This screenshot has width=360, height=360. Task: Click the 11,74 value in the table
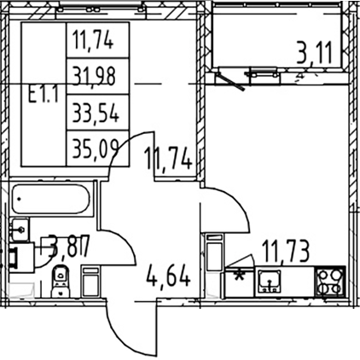click(x=93, y=40)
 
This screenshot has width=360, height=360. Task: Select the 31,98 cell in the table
click(x=94, y=76)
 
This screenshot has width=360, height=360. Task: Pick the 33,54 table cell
click(x=95, y=113)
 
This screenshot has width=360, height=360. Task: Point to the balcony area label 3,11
click(x=314, y=54)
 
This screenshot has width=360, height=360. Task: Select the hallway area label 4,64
click(x=168, y=276)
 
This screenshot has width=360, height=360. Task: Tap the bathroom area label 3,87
click(x=69, y=246)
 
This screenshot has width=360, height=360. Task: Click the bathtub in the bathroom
click(x=51, y=199)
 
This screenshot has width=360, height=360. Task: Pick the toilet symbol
click(x=60, y=281)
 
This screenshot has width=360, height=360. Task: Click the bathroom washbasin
click(x=20, y=229)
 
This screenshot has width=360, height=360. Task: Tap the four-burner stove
click(x=330, y=282)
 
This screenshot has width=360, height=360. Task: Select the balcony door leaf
click(x=231, y=82)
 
